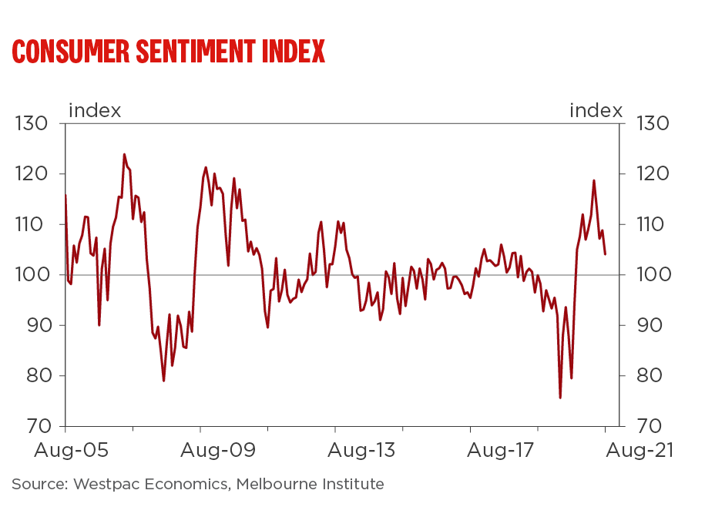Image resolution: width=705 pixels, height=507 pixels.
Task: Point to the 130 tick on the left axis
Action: [x=32, y=123]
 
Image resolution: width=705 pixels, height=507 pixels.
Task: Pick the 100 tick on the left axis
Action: [x=32, y=275]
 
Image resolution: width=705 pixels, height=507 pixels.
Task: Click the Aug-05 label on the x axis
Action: [x=65, y=450]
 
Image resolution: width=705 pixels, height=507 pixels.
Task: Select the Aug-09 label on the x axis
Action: [x=200, y=450]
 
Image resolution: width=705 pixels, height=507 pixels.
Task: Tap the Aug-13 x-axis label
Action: [x=336, y=450]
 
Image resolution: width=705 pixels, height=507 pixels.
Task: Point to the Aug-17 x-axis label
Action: [x=470, y=450]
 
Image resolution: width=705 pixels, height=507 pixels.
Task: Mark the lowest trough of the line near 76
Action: [x=560, y=398]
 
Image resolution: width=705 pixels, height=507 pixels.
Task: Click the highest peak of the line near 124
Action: [x=124, y=154]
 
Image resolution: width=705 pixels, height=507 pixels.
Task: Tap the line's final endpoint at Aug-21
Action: [x=605, y=254]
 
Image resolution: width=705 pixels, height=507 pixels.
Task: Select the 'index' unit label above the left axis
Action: [x=95, y=110]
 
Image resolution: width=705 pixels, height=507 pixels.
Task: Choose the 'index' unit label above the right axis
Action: [x=596, y=110]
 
